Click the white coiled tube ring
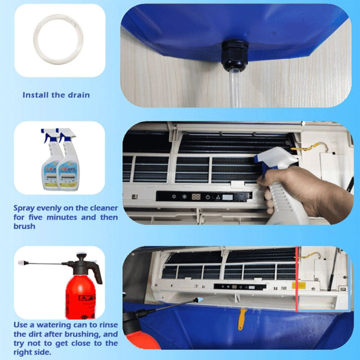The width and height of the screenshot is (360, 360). click(x=58, y=40)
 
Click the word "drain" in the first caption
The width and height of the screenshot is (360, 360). click(x=78, y=95)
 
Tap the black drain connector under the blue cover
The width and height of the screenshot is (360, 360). click(x=235, y=56)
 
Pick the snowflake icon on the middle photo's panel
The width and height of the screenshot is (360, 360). click(x=184, y=197)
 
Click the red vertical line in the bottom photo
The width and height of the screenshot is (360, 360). click(x=297, y=278)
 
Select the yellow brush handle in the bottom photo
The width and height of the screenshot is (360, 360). click(x=242, y=319)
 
